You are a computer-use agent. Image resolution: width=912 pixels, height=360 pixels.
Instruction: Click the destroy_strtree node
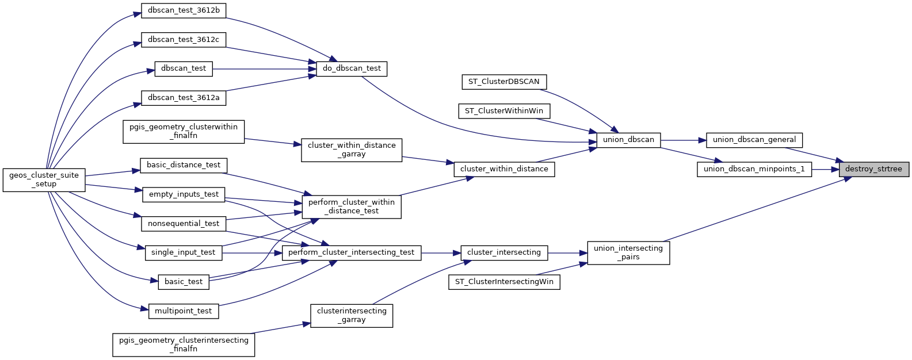click(873, 169)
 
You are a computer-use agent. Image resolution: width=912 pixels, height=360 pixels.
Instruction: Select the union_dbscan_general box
click(754, 140)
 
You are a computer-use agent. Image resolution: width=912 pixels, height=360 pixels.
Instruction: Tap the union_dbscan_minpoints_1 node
click(754, 169)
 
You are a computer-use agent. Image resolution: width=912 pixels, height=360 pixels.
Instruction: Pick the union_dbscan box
click(628, 140)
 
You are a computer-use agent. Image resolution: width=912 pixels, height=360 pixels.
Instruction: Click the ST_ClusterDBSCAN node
click(503, 82)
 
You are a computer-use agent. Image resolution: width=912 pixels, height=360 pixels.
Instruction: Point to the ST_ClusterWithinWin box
click(503, 111)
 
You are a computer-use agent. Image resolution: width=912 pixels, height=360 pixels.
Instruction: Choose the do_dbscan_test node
click(352, 68)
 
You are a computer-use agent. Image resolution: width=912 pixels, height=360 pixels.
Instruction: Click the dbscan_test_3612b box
click(184, 10)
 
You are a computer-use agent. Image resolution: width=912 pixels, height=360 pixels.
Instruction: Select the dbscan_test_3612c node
click(184, 40)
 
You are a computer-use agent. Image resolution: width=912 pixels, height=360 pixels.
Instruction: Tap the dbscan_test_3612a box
click(184, 98)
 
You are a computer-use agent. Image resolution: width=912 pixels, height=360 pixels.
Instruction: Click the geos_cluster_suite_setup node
click(44, 179)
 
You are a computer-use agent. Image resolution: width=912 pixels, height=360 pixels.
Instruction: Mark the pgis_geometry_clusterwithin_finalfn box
click(184, 131)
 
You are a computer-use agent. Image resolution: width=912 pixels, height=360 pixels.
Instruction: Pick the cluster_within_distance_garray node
click(352, 150)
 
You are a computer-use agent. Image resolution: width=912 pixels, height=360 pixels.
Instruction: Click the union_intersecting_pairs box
click(628, 252)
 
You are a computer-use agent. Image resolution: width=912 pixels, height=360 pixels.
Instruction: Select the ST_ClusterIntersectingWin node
click(503, 282)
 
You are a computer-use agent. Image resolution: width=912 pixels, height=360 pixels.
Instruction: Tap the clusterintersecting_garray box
click(352, 315)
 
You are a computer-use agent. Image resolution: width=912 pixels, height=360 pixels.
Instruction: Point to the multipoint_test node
click(184, 311)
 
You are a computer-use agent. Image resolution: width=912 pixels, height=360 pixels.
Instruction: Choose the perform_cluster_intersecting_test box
click(352, 252)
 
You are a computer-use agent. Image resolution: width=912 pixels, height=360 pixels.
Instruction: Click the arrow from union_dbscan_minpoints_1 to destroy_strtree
click(825, 169)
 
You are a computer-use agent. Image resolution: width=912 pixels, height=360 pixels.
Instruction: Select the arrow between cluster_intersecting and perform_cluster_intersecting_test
click(441, 252)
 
